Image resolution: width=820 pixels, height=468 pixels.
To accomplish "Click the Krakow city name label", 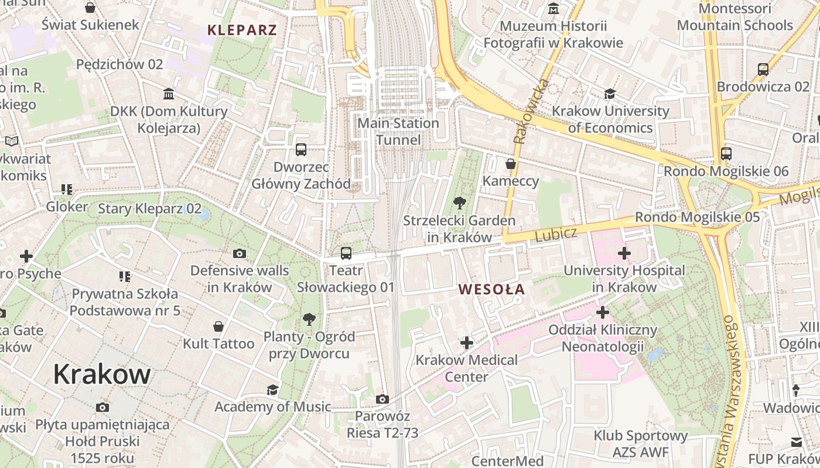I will pyautogui.click(x=102, y=374).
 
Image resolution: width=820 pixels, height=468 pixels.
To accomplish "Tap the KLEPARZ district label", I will pyautogui.click(x=242, y=30).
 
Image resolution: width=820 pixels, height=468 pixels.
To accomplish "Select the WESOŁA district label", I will pyautogui.click(x=491, y=289).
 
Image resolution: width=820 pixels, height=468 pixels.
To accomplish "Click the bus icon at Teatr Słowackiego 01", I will pyautogui.click(x=346, y=253).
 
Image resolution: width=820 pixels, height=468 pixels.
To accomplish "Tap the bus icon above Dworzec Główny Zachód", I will pyautogui.click(x=301, y=150).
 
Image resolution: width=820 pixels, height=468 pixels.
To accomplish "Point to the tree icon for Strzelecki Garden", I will pyautogui.click(x=460, y=203).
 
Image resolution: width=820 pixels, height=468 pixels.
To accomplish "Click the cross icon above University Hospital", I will pyautogui.click(x=624, y=253).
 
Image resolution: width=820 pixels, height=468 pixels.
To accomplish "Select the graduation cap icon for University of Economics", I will pyautogui.click(x=610, y=94).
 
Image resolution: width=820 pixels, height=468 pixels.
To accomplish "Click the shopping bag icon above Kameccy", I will pyautogui.click(x=511, y=164).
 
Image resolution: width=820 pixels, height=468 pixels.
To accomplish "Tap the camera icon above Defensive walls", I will pyautogui.click(x=240, y=253).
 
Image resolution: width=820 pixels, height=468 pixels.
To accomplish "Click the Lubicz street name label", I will pyautogui.click(x=556, y=234).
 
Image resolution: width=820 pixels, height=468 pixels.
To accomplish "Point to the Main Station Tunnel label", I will pyautogui.click(x=398, y=132).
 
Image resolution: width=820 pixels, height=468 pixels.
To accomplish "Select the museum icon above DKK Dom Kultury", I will pyautogui.click(x=169, y=94).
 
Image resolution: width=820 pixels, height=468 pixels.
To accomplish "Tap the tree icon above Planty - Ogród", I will pyautogui.click(x=309, y=319).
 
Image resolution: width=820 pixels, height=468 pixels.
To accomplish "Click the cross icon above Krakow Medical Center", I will pyautogui.click(x=467, y=342).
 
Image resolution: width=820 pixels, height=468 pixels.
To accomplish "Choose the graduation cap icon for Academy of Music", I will pyautogui.click(x=272, y=390).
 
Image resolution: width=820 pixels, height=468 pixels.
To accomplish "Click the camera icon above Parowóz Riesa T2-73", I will pyautogui.click(x=382, y=399).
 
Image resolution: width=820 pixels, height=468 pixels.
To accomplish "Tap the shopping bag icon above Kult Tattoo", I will pyautogui.click(x=218, y=326).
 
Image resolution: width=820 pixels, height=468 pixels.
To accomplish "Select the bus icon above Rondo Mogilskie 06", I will pyautogui.click(x=726, y=154).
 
